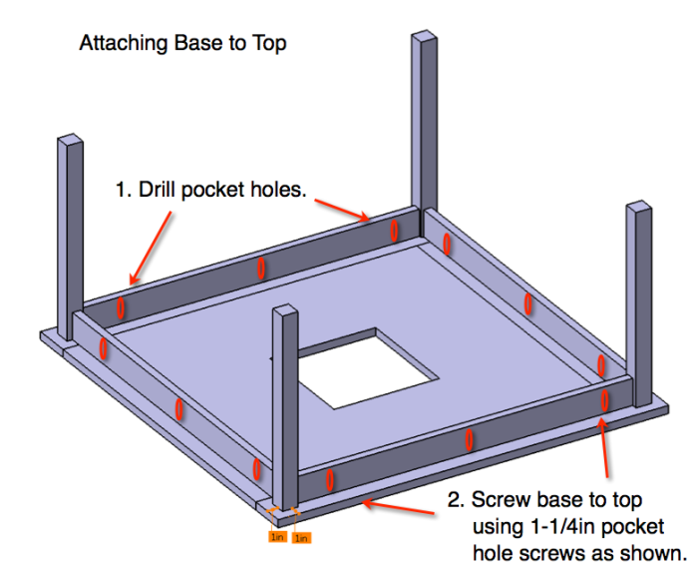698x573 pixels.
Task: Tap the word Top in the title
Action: tap(270, 44)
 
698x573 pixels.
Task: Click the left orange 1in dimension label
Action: tap(277, 536)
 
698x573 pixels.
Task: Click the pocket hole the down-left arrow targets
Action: tap(122, 304)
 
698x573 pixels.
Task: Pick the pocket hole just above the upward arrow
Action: tap(605, 400)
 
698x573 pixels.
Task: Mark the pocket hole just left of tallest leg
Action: tap(393, 230)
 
